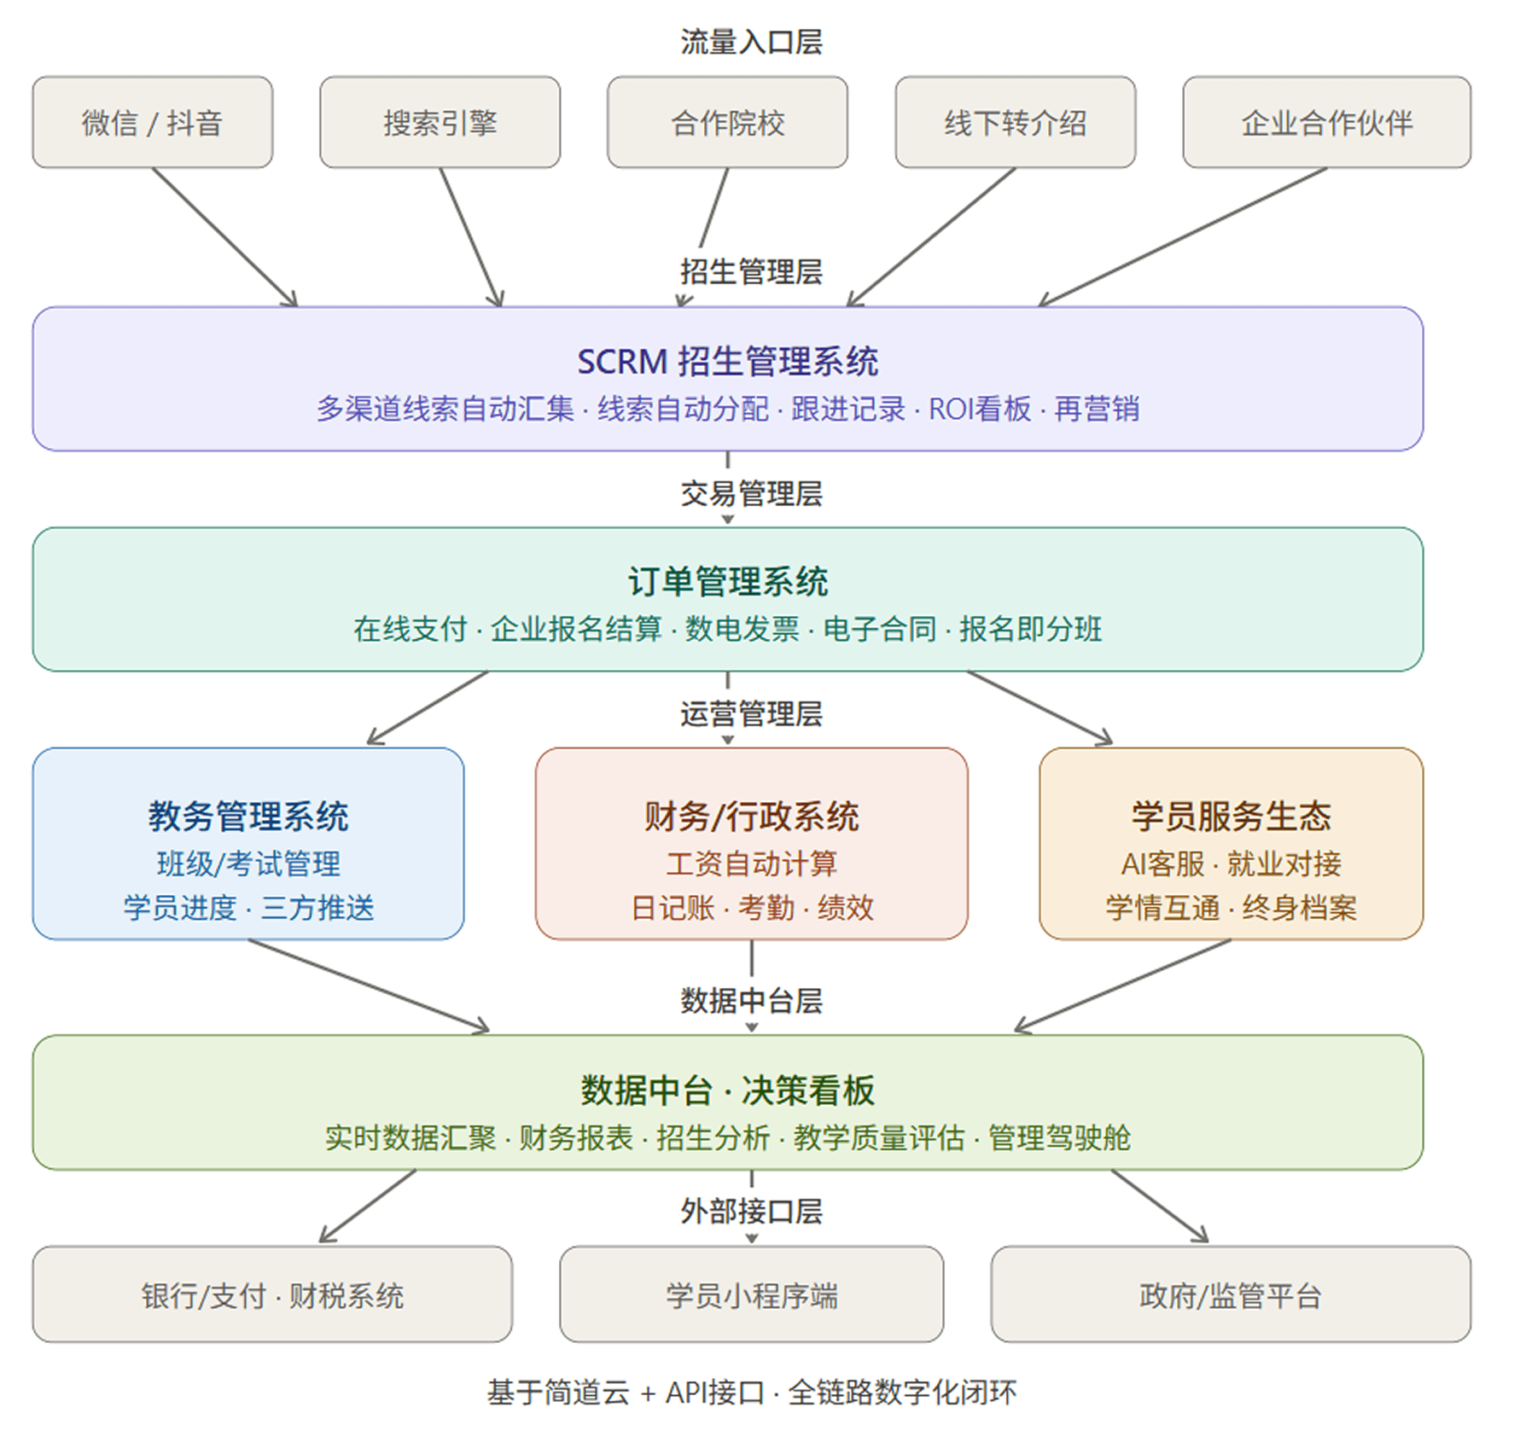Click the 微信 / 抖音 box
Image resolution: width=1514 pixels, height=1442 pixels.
pyautogui.click(x=152, y=122)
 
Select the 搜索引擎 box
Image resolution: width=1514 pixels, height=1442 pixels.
pyautogui.click(x=440, y=122)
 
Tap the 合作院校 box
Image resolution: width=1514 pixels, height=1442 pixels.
pyautogui.click(x=727, y=122)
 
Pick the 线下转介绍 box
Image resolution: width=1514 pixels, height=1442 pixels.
pyautogui.click(x=1015, y=122)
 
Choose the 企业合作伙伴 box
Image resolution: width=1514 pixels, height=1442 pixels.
pyautogui.click(x=1326, y=122)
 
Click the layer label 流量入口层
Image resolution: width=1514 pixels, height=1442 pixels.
pyautogui.click(x=751, y=41)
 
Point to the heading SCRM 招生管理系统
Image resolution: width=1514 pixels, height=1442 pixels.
pyautogui.click(x=727, y=361)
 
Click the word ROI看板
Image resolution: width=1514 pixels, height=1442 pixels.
pyautogui.click(x=979, y=409)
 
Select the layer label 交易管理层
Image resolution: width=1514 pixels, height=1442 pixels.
pyautogui.click(x=751, y=492)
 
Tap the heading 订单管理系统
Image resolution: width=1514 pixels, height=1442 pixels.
pyautogui.click(x=727, y=581)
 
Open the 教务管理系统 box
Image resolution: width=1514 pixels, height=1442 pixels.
pyautogui.click(x=247, y=842)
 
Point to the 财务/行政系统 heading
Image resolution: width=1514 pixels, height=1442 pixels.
pyautogui.click(x=751, y=817)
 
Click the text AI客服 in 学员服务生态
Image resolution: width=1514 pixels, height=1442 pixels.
pyautogui.click(x=1162, y=864)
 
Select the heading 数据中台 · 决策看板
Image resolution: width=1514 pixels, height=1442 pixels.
pyautogui.click(x=727, y=1090)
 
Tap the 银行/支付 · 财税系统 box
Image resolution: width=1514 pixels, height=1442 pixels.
pyautogui.click(x=272, y=1294)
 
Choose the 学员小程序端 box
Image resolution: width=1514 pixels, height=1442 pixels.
pyautogui.click(x=751, y=1294)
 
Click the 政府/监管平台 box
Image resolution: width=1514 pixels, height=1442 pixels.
pyautogui.click(x=1230, y=1294)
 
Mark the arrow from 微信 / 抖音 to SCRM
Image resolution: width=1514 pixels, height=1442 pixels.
pyautogui.click(x=224, y=236)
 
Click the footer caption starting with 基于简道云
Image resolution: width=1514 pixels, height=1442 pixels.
pyautogui.click(x=751, y=1392)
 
